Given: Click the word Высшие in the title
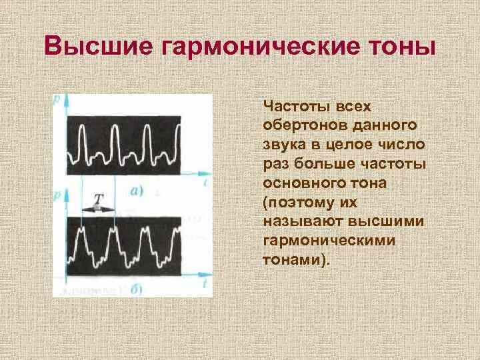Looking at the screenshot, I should pyautogui.click(x=94, y=47).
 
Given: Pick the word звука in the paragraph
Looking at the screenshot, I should pyautogui.click(x=282, y=144).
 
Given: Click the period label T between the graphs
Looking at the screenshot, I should pyautogui.click(x=98, y=197).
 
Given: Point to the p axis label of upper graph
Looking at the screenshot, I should pyautogui.click(x=57, y=98).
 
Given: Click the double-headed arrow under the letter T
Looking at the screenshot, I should pyautogui.click(x=98, y=208).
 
